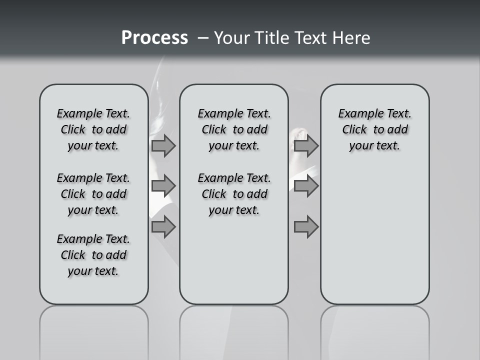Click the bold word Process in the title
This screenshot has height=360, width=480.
pyautogui.click(x=154, y=38)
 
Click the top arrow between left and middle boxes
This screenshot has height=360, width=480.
pyautogui.click(x=163, y=146)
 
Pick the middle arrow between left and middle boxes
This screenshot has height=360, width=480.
pyautogui.click(x=163, y=186)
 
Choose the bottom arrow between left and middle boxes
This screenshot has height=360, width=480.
pyautogui.click(x=163, y=227)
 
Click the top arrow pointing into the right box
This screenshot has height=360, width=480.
pyautogui.click(x=306, y=146)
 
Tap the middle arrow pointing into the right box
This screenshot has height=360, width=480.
pyautogui.click(x=306, y=186)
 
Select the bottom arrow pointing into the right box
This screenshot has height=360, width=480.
pyautogui.click(x=306, y=227)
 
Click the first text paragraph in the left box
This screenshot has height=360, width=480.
pyautogui.click(x=93, y=129)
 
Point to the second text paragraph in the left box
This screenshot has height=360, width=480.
pyautogui.click(x=93, y=194)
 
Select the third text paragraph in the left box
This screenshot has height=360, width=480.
pyautogui.click(x=93, y=255)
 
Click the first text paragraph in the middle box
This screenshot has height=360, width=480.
pyautogui.click(x=234, y=129)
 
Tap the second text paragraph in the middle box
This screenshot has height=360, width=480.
pyautogui.click(x=234, y=194)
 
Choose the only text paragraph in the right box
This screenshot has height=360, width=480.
pyautogui.click(x=374, y=129)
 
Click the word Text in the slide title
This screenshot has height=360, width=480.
pyautogui.click(x=308, y=38)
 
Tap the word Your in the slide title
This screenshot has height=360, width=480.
pyautogui.click(x=232, y=38)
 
